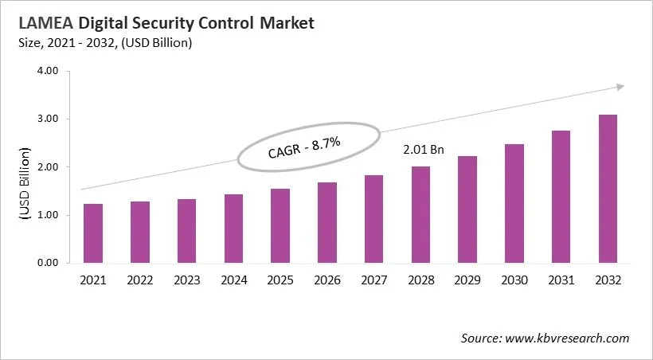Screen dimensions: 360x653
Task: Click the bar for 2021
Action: click(93, 233)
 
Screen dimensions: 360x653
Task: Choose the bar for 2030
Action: click(514, 203)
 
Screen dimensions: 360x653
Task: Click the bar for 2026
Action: click(326, 222)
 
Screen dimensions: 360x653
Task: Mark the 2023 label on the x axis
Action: click(186, 280)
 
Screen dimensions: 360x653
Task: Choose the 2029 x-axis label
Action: click(467, 280)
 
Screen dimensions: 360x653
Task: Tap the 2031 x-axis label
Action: click(561, 280)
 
